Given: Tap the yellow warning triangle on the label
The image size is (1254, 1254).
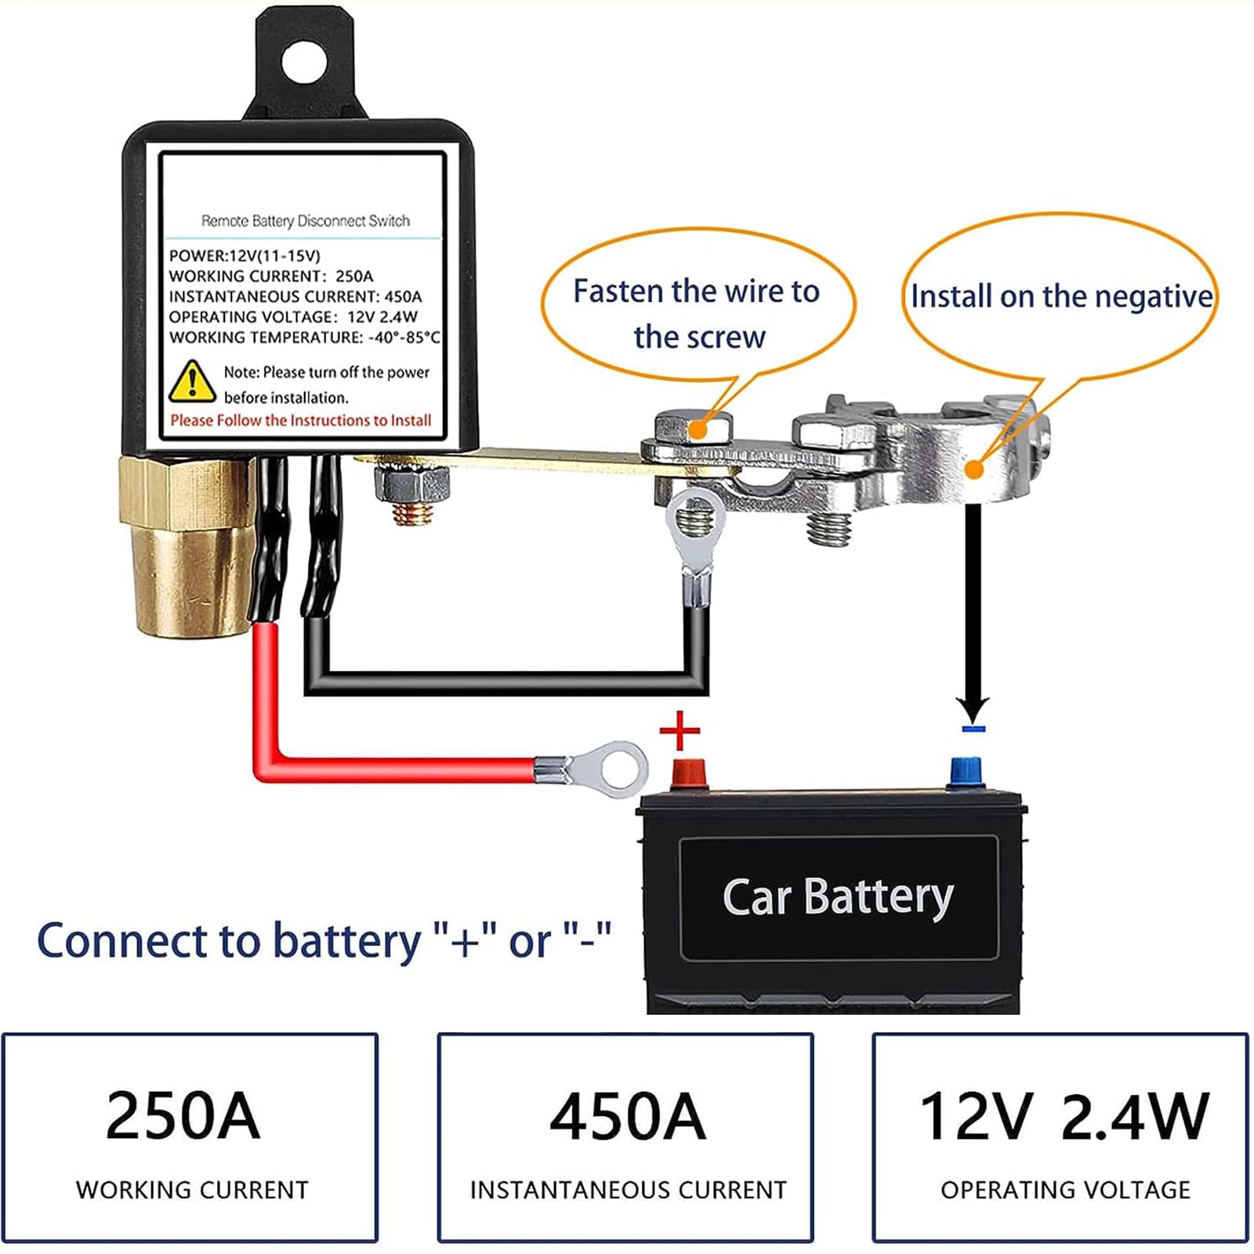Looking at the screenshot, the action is pyautogui.click(x=192, y=381).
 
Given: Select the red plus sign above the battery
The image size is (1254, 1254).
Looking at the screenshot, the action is pyautogui.click(x=680, y=731).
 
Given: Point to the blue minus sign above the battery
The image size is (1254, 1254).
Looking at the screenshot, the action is pyautogui.click(x=973, y=729).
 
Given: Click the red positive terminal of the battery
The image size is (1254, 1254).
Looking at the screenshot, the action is pyautogui.click(x=688, y=774).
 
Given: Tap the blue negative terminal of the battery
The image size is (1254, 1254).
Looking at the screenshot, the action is pyautogui.click(x=966, y=773).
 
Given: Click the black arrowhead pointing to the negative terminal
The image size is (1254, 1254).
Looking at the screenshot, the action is pyautogui.click(x=973, y=709).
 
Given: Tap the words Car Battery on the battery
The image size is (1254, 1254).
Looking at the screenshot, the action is pyautogui.click(x=837, y=897).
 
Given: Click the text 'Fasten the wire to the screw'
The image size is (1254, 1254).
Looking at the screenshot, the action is pyautogui.click(x=697, y=313).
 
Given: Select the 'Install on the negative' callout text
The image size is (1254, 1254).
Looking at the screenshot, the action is pyautogui.click(x=1061, y=296).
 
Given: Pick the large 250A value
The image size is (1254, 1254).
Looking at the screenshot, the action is pyautogui.click(x=182, y=1115).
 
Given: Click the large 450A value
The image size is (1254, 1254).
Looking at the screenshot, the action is pyautogui.click(x=627, y=1116).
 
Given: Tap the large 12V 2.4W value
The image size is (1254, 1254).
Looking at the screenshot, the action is pyautogui.click(x=1064, y=1116).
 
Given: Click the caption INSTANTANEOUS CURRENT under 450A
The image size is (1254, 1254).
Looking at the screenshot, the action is pyautogui.click(x=628, y=1190).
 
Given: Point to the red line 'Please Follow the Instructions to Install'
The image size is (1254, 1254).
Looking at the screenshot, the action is pyautogui.click(x=301, y=420).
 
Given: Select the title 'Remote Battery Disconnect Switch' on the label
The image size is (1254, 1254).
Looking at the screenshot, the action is pyautogui.click(x=306, y=221).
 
